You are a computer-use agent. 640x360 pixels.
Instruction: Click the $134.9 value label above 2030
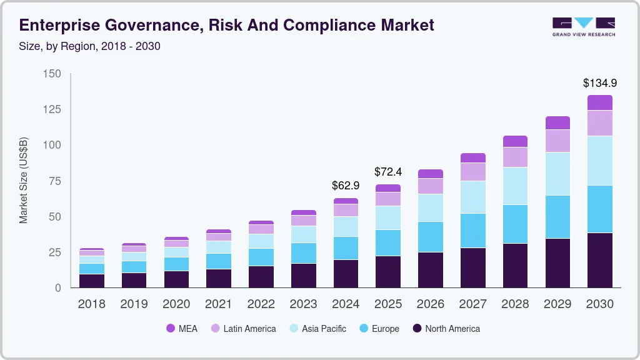(599, 82)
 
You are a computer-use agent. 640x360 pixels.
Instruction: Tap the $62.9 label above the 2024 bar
(346, 185)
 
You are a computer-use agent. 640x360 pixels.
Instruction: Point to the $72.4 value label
(388, 171)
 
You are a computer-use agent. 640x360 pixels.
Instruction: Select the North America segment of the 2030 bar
(599, 260)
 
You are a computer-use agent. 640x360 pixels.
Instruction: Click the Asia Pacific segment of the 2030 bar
(599, 161)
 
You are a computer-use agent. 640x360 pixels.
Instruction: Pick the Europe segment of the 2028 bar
(515, 224)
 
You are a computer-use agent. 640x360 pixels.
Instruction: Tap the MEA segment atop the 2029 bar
(557, 122)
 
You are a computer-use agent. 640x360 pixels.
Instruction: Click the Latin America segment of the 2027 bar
(472, 172)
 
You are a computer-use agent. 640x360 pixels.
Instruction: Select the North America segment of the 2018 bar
(91, 281)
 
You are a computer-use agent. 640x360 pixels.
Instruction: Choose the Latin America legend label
(249, 328)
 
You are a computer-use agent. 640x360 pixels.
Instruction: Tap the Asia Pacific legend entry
(324, 328)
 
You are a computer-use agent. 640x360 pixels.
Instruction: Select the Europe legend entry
(384, 328)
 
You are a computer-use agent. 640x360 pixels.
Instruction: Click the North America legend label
(452, 328)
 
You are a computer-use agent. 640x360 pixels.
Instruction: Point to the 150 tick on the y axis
(52, 74)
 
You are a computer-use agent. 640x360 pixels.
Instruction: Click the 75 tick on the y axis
(55, 181)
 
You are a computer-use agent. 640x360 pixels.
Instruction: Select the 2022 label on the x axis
(261, 304)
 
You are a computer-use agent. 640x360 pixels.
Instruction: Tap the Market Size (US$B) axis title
(24, 181)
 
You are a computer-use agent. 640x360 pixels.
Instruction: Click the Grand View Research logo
(583, 26)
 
